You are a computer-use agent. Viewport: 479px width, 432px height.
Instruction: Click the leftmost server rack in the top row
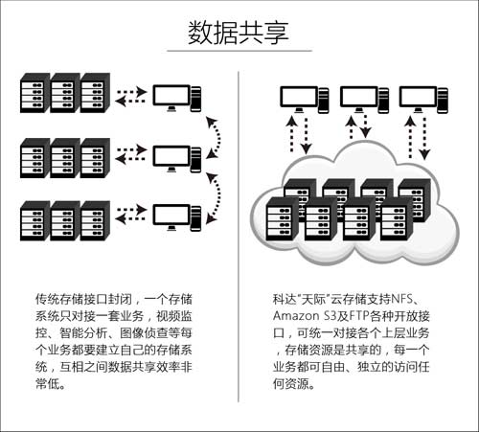pyautogui.click(x=34, y=96)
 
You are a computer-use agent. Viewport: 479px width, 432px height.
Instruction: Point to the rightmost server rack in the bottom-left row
pyautogui.click(x=95, y=219)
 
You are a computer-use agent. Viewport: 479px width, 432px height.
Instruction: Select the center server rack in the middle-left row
pyautogui.click(x=65, y=158)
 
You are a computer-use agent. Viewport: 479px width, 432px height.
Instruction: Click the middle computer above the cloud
pyautogui.click(x=362, y=98)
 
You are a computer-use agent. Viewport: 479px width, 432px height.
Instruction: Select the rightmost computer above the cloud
pyautogui.click(x=421, y=98)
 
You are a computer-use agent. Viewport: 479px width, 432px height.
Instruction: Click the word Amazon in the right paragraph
pyautogui.click(x=298, y=316)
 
